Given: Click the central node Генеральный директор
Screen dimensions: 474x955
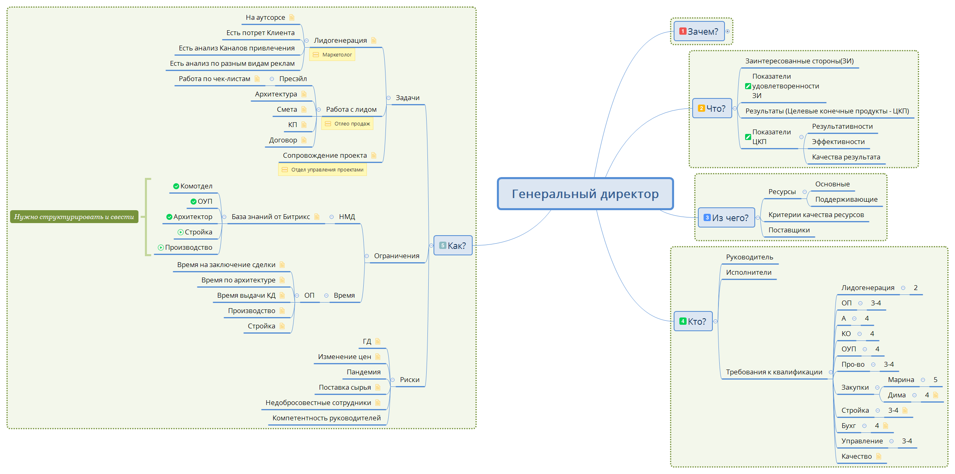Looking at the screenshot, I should [585, 194].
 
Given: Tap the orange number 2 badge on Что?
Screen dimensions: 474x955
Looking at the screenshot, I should [702, 108].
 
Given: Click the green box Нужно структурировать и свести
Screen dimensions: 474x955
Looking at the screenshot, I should [74, 217].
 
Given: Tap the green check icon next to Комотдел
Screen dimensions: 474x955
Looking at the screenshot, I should [176, 186].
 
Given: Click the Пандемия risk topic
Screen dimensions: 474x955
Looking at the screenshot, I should [363, 372].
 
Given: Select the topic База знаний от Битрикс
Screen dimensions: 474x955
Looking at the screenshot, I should [270, 217].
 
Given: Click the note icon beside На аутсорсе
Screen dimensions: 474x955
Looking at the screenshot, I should [292, 17].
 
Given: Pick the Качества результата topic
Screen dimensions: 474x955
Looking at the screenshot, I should [846, 157].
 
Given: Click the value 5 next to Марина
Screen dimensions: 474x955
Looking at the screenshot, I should [935, 380].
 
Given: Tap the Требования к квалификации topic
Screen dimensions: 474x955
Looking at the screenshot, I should [774, 372].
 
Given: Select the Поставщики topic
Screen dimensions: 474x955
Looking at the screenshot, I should [789, 230].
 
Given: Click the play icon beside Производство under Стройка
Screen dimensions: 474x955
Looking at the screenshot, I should [161, 248].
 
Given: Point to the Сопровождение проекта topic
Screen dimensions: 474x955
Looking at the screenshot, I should [325, 155].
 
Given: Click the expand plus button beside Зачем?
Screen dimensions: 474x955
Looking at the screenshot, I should [727, 31].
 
